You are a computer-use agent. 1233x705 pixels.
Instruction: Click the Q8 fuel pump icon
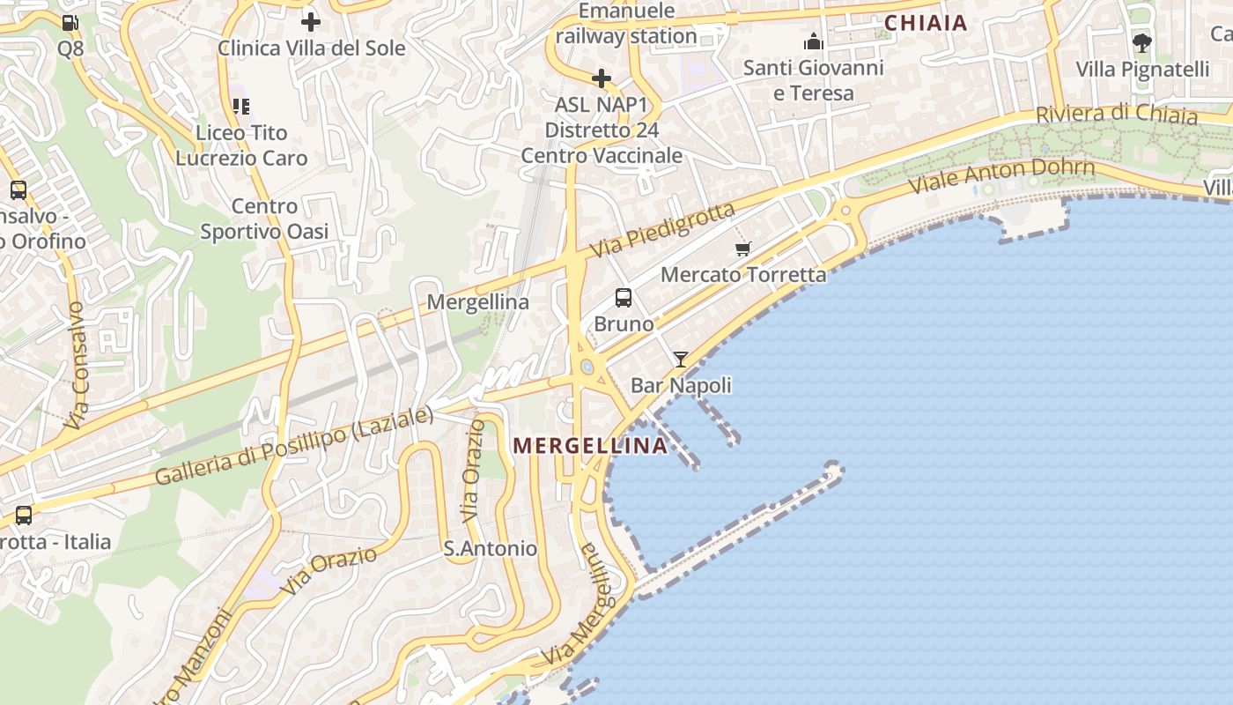pos(70,23)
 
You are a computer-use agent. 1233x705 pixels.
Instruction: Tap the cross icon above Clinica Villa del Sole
pos(310,22)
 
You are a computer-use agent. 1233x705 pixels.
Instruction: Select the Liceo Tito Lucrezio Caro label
pos(241,145)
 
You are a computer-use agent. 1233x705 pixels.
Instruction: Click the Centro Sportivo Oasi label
pos(264,219)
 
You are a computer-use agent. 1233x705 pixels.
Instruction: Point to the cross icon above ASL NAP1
pos(602,79)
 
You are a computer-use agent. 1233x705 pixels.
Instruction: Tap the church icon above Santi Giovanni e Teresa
pos(813,41)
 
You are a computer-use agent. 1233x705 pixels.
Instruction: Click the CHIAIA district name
pos(926,23)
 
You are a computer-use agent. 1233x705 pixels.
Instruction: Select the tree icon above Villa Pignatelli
pos(1142,42)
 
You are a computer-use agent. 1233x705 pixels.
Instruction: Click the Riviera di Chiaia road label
pos(1116,114)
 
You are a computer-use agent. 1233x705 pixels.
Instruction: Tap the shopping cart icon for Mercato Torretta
pos(743,249)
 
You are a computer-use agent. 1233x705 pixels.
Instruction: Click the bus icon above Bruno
pos(624,298)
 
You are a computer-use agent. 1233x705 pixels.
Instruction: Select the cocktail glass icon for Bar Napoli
pos(680,360)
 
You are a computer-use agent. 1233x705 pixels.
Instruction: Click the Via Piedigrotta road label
pos(662,230)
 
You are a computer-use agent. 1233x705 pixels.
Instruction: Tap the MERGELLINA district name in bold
pos(590,446)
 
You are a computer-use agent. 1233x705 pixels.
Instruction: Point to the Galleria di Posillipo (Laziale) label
pos(294,447)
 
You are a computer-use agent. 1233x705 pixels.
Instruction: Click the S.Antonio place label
pos(490,549)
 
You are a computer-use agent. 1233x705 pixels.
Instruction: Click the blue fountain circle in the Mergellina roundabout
pos(587,367)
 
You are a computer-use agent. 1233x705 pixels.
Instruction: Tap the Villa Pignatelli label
pos(1142,69)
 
